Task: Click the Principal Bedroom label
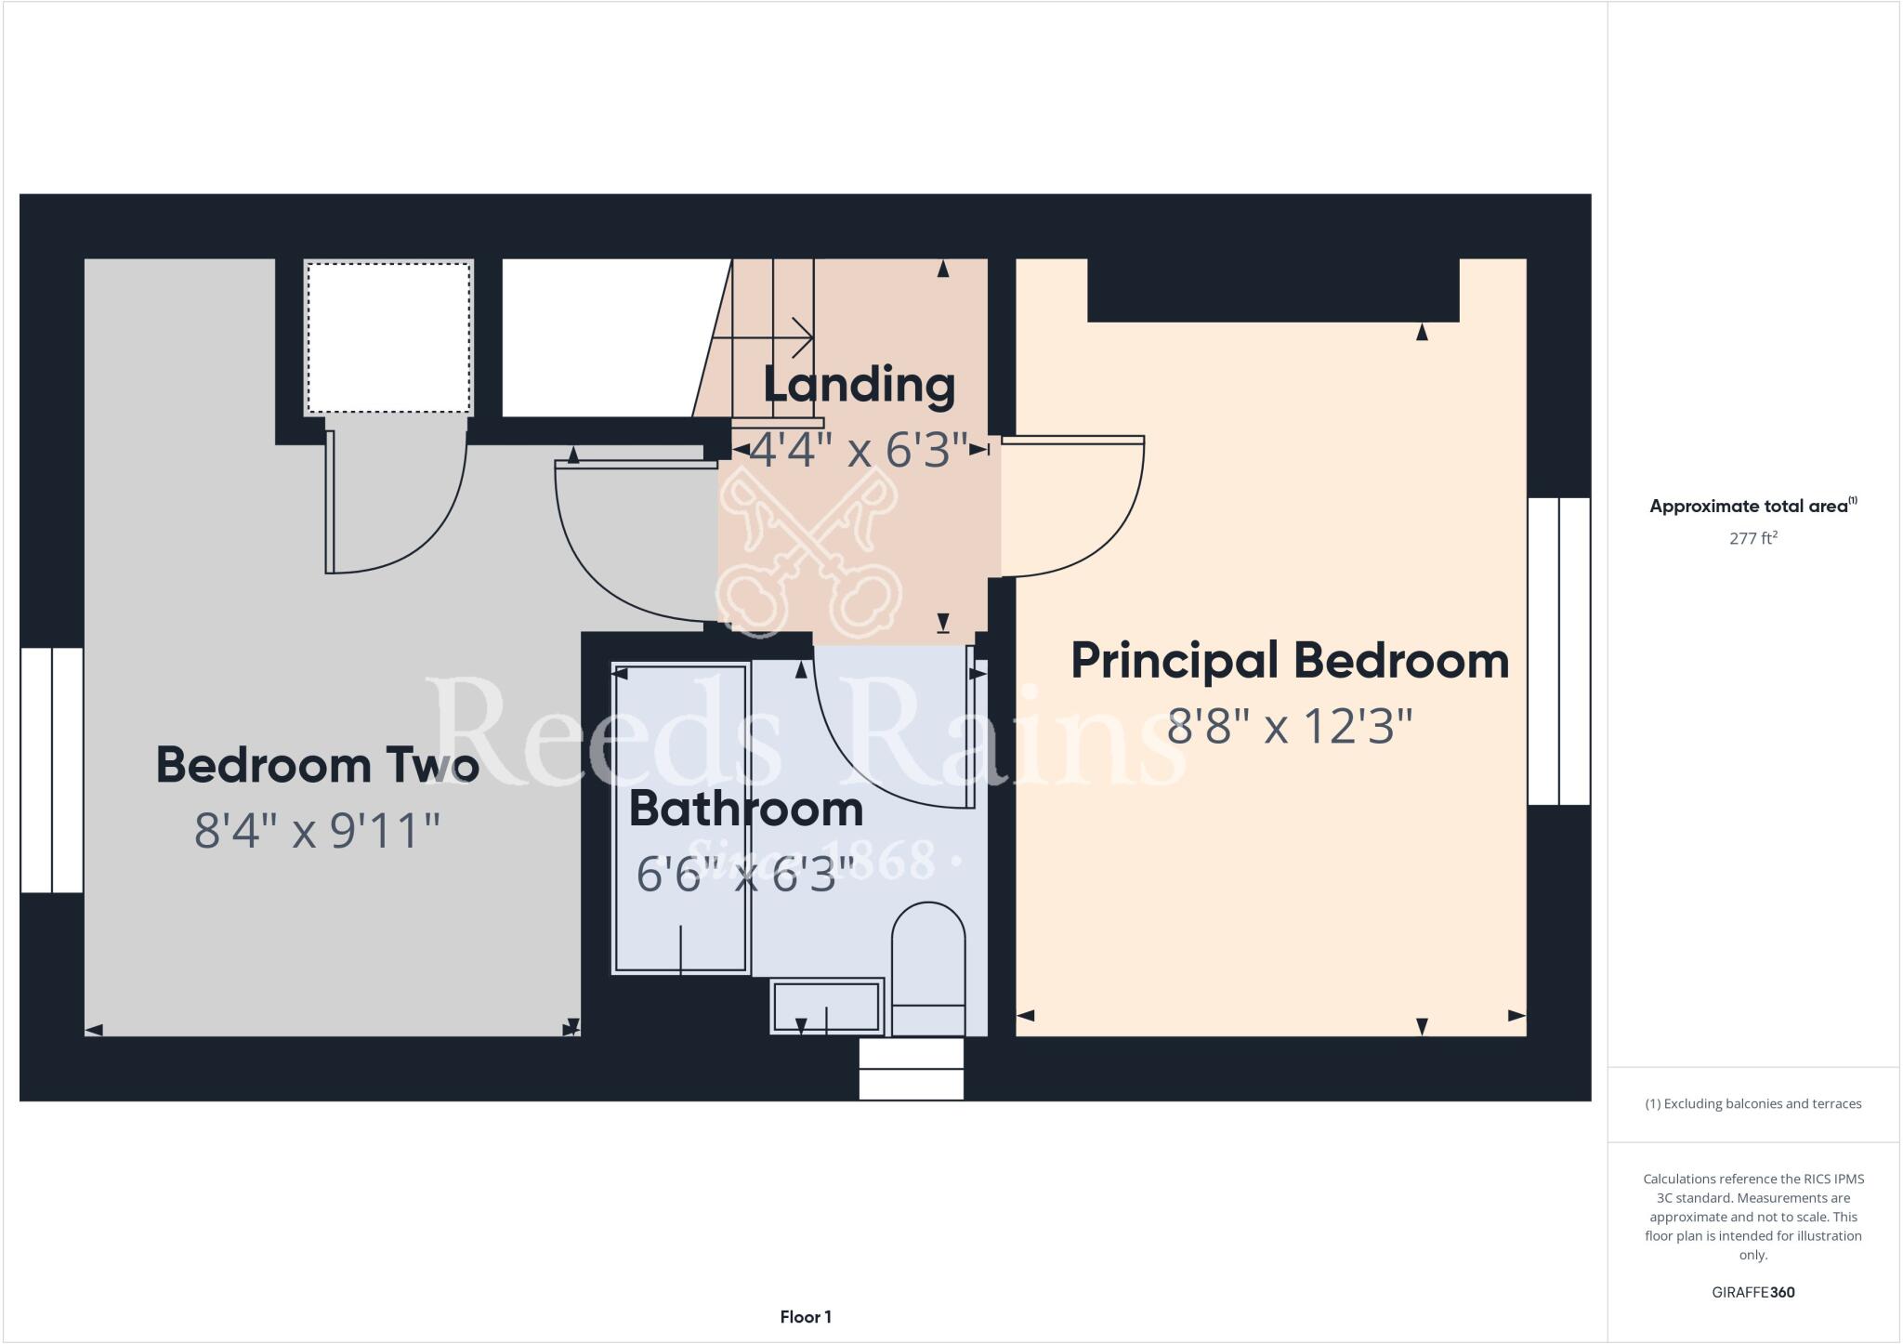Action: [1289, 661]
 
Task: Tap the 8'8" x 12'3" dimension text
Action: [1289, 726]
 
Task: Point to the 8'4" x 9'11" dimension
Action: [317, 830]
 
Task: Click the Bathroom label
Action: [746, 809]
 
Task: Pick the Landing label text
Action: [859, 385]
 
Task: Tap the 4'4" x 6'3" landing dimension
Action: [859, 450]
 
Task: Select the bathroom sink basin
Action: [826, 1006]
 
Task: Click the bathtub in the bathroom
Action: [680, 818]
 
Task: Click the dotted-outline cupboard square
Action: [388, 337]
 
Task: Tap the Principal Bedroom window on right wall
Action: [1558, 651]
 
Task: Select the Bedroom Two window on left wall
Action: [52, 771]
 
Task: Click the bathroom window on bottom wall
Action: [911, 1069]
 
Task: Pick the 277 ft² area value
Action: [1752, 538]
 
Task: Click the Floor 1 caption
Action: [806, 1317]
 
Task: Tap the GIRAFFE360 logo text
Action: [1752, 1292]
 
